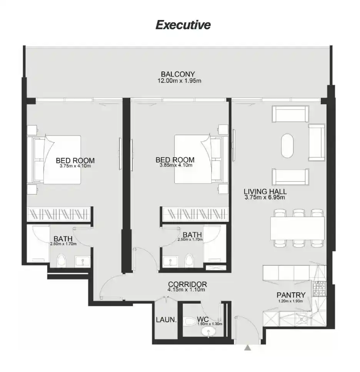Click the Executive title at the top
183,25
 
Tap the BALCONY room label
178,74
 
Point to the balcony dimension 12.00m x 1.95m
180,81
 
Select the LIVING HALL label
265,191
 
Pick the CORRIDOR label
187,284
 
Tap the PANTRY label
291,295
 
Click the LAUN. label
166,319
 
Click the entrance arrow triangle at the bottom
248,348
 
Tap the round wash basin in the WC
210,333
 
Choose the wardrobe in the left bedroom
60,214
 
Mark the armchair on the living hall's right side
317,142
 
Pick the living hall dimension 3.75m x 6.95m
264,198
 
